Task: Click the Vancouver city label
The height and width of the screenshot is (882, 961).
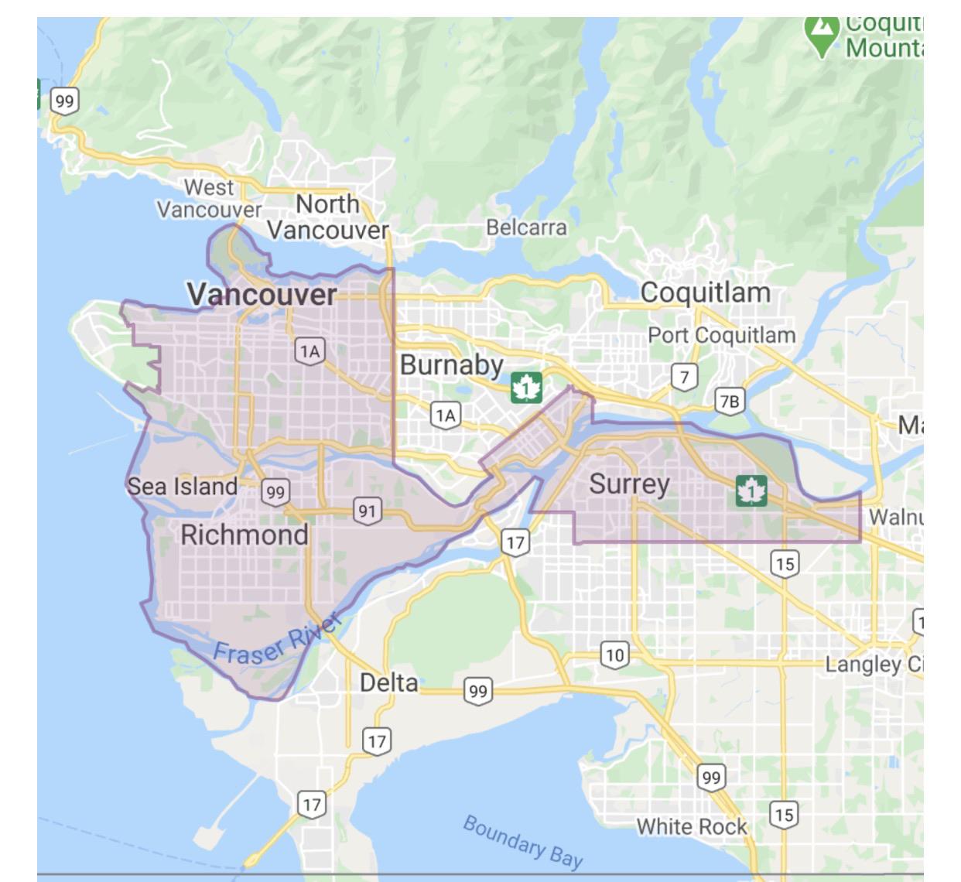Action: (x=262, y=294)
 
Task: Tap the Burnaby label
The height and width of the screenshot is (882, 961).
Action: (x=451, y=364)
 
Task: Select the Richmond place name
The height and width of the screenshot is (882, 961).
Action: (x=244, y=535)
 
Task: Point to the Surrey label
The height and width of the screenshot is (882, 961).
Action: (x=629, y=484)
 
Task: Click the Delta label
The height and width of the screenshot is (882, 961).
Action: (x=388, y=682)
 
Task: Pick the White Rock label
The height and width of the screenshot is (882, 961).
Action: (x=691, y=826)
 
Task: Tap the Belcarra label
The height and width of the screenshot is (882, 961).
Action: (x=526, y=227)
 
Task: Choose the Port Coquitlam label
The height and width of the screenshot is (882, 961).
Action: (x=721, y=335)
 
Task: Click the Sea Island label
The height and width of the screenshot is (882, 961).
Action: (x=182, y=487)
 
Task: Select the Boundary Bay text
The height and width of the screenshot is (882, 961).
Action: (x=522, y=840)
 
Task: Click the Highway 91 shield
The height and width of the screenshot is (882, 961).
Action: (x=368, y=511)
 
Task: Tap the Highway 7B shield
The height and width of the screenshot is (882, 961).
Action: (x=729, y=401)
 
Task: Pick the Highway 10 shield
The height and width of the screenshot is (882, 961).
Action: (x=614, y=655)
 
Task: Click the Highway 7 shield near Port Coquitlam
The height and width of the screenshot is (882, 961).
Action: (x=684, y=378)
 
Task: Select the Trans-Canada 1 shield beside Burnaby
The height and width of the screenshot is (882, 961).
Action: (x=526, y=387)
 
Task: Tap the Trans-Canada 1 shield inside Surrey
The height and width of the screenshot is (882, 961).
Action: (x=751, y=491)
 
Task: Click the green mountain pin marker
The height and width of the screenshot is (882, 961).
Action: (x=822, y=32)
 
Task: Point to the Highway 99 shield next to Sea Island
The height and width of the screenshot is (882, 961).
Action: (x=275, y=491)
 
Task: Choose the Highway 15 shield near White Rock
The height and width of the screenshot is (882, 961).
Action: (x=783, y=814)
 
